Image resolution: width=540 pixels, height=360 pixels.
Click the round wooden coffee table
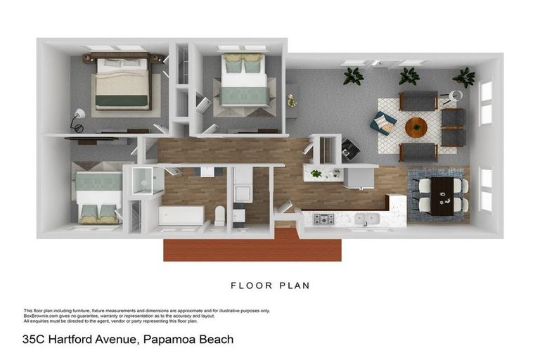pos(416,127)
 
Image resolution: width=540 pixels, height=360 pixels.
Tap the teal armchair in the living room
pos(382,122)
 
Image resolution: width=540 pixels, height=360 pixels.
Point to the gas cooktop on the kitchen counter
pos(323,219)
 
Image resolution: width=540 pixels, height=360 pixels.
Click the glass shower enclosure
pos(147,180)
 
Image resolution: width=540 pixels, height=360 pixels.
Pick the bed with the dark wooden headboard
pos(122,82)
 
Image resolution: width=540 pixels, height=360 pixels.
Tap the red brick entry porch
pos(252,246)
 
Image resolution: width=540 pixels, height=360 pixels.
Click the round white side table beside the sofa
pos(456,96)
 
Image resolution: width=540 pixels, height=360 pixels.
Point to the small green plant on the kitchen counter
pos(316,172)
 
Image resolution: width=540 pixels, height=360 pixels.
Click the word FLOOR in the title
pos(247,285)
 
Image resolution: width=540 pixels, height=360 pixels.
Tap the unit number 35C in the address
pos(35,339)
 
